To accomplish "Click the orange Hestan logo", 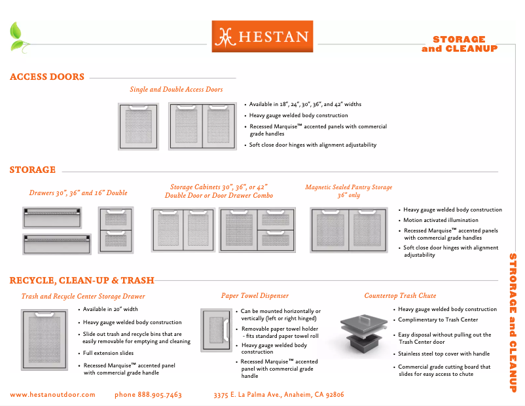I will tap(262, 37).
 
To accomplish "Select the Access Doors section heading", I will tap(47, 77).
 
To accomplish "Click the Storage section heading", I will tap(33, 170).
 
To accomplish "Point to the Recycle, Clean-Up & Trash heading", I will tap(82, 280).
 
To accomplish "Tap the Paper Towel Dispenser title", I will tap(255, 296).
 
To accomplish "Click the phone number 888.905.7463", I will tap(148, 395).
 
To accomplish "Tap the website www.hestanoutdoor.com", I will tap(52, 395).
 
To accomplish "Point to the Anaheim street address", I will tap(279, 395).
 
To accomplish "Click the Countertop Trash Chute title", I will tap(400, 296).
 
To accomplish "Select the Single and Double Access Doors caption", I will tap(176, 90).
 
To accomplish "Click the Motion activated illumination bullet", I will tap(441, 220).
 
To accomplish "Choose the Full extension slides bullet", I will tap(109, 353).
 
